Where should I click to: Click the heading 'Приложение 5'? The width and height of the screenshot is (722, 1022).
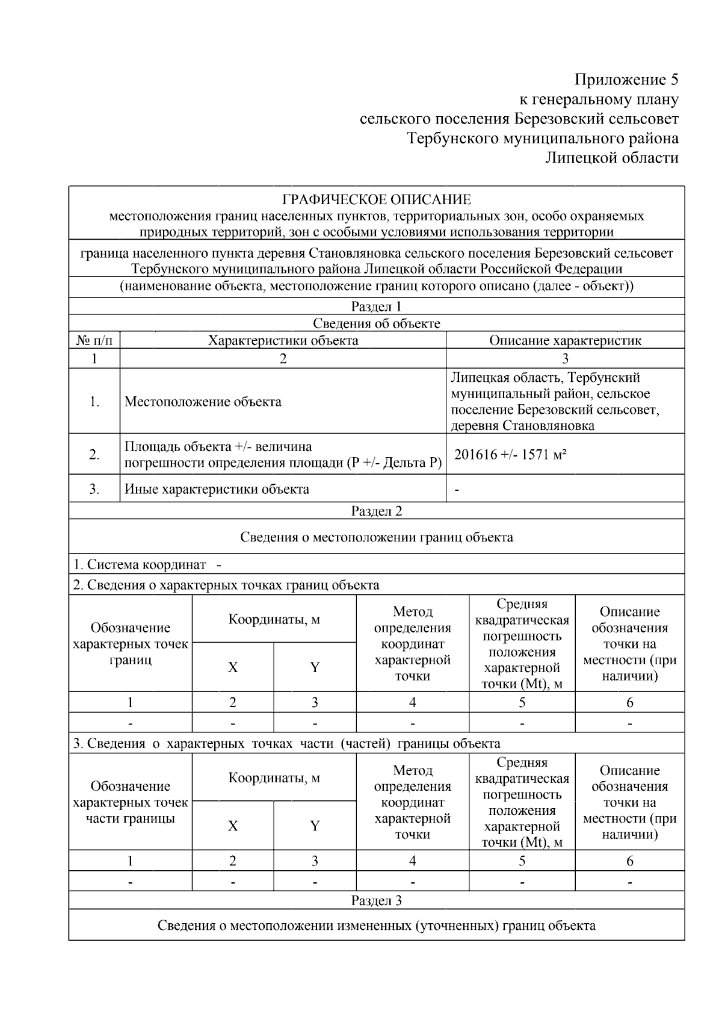[626, 79]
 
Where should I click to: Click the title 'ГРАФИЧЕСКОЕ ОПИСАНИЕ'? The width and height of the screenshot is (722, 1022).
[377, 199]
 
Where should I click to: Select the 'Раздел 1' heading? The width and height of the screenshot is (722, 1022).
[377, 307]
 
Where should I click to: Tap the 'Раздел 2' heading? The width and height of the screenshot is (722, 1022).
[377, 511]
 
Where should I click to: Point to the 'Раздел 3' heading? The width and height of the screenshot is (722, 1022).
[377, 901]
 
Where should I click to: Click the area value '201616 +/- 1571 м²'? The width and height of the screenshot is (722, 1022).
[510, 455]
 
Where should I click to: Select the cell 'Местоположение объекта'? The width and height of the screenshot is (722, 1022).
[203, 402]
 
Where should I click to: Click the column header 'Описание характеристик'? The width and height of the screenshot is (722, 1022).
[565, 340]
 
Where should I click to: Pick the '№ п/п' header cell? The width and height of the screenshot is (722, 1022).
[94, 340]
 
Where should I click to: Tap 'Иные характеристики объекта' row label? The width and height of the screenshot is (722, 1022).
[217, 489]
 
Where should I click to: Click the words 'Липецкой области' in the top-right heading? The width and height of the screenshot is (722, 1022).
[611, 158]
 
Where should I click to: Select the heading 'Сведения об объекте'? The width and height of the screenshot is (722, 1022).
[377, 323]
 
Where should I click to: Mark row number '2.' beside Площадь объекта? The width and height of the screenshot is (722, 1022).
[94, 455]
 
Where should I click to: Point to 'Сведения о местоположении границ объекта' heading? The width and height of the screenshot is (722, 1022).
[377, 537]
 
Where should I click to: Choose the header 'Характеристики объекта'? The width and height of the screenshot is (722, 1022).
[283, 340]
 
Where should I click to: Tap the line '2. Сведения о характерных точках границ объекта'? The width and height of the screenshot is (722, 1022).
[226, 585]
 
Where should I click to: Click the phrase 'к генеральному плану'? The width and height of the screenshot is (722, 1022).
[599, 99]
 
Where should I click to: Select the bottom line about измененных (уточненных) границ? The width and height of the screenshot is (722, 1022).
[377, 926]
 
